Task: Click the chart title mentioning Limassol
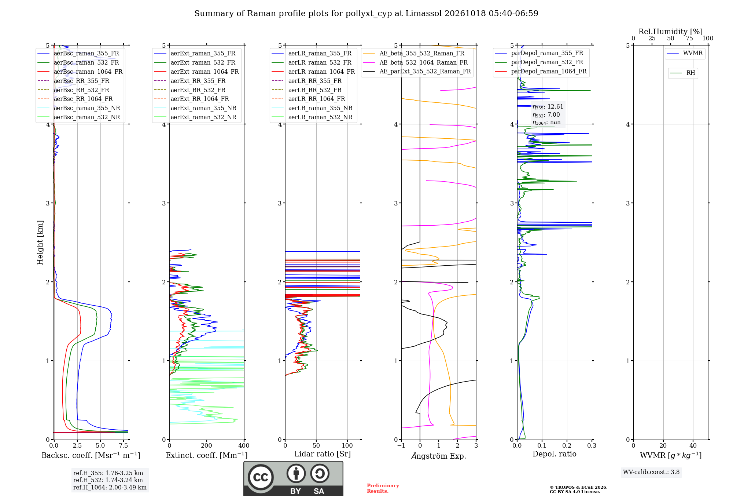click(x=366, y=14)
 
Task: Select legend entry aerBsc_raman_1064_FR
click(x=80, y=72)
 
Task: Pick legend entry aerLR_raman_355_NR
click(x=312, y=108)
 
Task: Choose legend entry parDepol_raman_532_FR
click(x=539, y=62)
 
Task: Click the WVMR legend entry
click(x=685, y=53)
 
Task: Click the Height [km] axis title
click(x=40, y=243)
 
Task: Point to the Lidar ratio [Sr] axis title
click(x=323, y=454)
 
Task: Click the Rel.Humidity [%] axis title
click(x=671, y=32)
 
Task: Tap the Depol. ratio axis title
click(x=555, y=454)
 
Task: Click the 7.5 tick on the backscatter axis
click(x=124, y=445)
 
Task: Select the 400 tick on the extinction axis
click(x=244, y=445)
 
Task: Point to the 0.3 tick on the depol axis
click(x=592, y=445)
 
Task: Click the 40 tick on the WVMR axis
click(x=693, y=445)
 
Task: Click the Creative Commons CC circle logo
click(x=261, y=477)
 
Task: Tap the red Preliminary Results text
click(x=383, y=488)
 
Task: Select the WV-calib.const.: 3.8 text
click(x=651, y=472)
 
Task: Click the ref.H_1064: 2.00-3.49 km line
click(x=110, y=488)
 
